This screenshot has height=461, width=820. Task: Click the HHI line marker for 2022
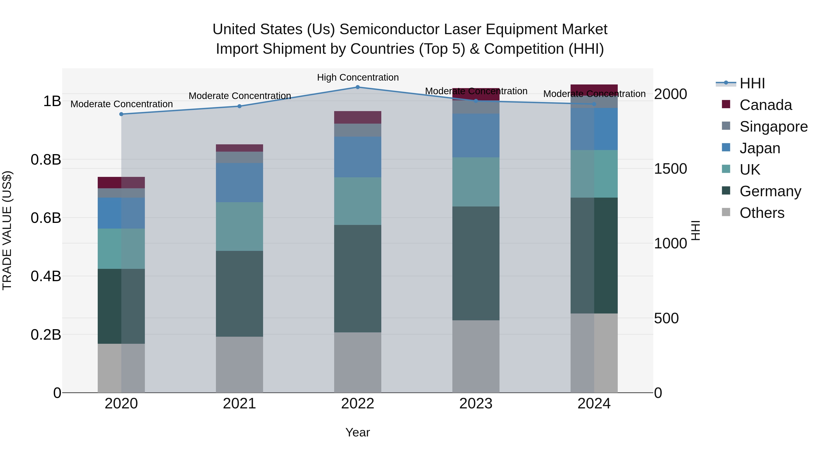(357, 87)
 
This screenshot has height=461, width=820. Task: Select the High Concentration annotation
(357, 77)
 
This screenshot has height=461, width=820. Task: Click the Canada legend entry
(765, 105)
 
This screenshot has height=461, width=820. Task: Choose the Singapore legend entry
(773, 127)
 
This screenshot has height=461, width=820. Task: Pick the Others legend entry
(762, 213)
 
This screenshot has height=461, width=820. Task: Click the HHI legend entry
(752, 83)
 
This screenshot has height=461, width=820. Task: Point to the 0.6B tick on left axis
(46, 218)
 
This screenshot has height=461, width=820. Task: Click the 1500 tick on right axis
(670, 169)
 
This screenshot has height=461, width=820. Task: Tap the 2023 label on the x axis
(476, 404)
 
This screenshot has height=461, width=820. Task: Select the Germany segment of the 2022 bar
(357, 278)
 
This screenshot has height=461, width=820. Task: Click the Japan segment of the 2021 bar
(239, 182)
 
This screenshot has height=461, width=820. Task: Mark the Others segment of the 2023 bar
(476, 356)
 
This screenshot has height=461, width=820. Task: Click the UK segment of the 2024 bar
(594, 174)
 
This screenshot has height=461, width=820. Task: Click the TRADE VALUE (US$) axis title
(7, 230)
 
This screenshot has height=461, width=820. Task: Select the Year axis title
(357, 432)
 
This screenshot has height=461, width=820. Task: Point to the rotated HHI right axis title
(696, 230)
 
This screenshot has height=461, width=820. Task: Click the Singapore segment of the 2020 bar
(121, 193)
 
